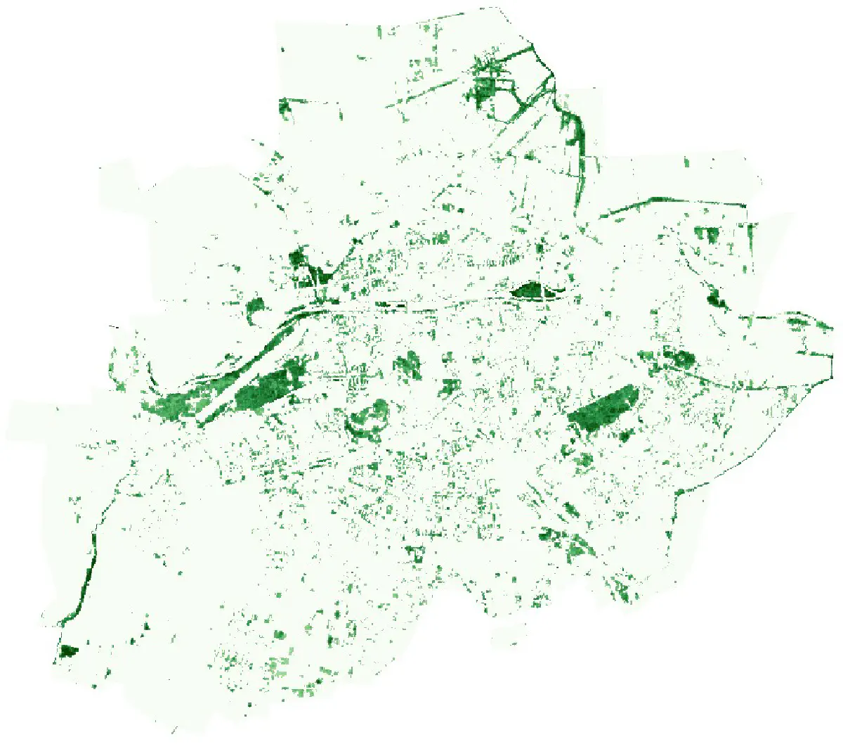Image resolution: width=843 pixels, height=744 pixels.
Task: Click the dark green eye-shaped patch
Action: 531,290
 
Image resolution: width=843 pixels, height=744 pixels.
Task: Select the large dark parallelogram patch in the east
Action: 604,408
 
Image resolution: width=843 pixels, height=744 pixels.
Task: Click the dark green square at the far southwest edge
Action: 68,650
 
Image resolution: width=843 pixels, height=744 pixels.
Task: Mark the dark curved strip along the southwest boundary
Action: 87,577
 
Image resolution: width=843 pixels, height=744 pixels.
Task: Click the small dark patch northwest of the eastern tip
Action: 717,300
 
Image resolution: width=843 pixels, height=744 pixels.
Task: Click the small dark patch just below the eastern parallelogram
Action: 624,436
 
